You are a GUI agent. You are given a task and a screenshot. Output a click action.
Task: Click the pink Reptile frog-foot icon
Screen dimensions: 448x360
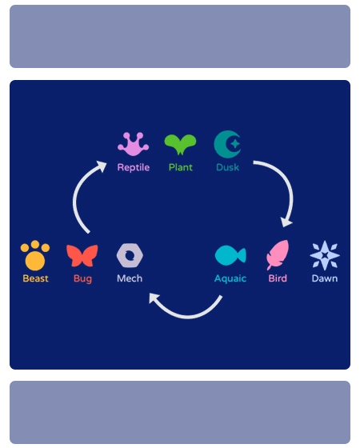tap(133, 144)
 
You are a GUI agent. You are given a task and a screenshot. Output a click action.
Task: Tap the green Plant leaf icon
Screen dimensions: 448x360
tap(180, 144)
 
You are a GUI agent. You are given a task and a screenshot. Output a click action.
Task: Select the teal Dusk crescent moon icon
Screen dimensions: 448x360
tap(227, 144)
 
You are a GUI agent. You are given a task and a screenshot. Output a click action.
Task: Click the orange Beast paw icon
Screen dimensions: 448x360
tap(35, 255)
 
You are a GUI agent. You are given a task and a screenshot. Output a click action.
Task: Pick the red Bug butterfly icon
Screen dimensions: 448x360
tap(82, 255)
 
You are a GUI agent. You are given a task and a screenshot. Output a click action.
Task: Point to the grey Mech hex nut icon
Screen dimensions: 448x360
tap(130, 255)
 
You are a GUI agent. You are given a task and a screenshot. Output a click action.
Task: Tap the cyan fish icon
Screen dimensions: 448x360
tap(230, 255)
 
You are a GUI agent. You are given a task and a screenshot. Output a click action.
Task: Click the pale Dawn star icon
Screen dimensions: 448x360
tap(325, 255)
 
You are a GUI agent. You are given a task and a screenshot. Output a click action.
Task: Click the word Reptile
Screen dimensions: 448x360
tap(133, 167)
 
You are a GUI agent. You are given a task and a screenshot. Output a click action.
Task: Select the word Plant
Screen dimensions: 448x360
tap(180, 167)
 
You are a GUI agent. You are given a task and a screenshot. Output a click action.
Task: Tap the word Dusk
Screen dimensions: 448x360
tap(227, 167)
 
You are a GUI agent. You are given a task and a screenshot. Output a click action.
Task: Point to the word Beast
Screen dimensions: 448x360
tap(35, 278)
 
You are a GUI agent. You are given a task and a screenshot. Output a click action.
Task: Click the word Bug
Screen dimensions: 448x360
tap(82, 278)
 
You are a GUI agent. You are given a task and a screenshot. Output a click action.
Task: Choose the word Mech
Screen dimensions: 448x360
tap(130, 278)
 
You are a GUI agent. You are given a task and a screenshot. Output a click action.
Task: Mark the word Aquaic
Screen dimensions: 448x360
tap(230, 278)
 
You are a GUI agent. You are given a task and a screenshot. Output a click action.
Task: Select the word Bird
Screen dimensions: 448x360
tap(278, 278)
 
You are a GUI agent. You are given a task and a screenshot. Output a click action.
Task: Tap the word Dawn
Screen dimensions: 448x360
tap(325, 278)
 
